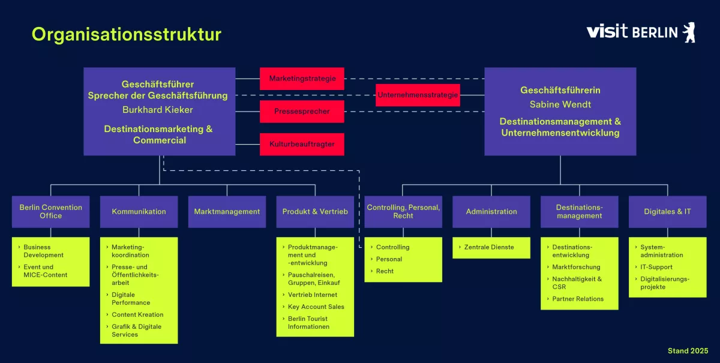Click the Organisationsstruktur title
(126, 34)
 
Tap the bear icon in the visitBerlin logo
(689, 32)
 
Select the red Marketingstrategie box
(302, 79)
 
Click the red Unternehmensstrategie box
(418, 95)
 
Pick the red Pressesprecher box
(302, 112)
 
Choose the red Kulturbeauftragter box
(302, 144)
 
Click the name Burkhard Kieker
(158, 110)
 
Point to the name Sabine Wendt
(560, 104)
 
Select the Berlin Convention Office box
(50, 211)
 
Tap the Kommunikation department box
(139, 211)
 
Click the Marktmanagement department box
(227, 211)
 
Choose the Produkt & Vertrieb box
(315, 211)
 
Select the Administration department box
(491, 211)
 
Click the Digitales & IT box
(667, 211)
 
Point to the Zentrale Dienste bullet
(489, 247)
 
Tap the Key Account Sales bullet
(316, 307)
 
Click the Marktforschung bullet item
(576, 267)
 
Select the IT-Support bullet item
(656, 267)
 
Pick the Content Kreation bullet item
(137, 314)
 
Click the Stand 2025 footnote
(688, 350)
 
